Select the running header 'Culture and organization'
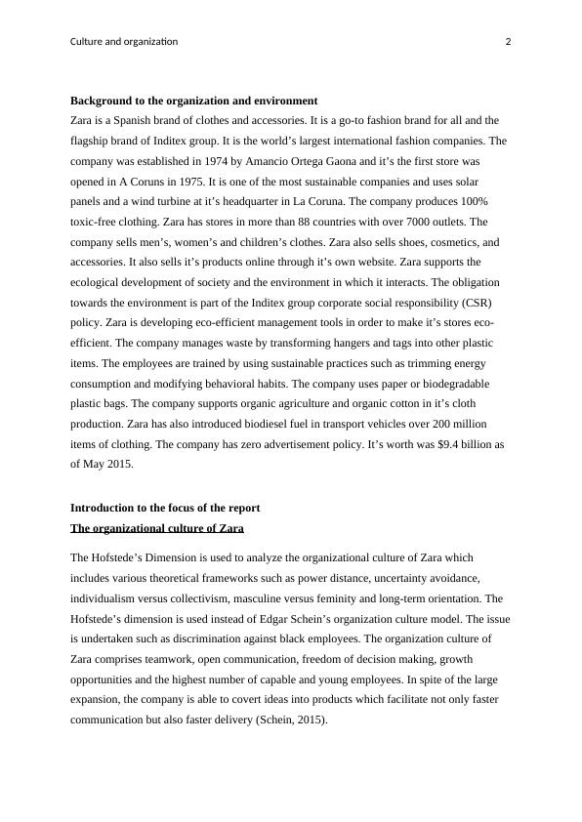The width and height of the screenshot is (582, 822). [x=124, y=41]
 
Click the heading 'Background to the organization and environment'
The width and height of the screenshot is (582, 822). [x=193, y=101]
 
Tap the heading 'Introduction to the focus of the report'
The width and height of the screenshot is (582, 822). [x=165, y=508]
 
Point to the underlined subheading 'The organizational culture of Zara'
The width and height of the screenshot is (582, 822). [x=156, y=528]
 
